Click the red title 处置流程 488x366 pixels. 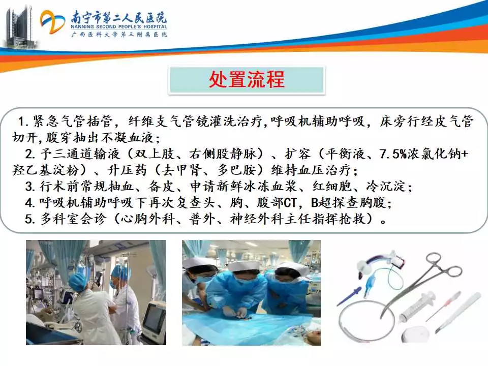247,79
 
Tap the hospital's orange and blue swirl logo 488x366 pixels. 52,22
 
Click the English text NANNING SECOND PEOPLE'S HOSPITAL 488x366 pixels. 118,27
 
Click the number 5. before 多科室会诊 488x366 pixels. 30,219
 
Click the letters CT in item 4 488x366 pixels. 290,203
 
